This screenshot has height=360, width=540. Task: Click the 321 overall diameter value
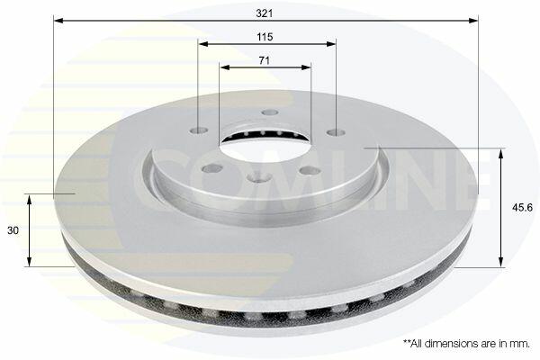(265, 13)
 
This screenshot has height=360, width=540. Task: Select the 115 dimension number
(265, 37)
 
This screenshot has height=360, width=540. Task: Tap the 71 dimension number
(264, 60)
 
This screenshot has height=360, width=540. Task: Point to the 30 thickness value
(13, 230)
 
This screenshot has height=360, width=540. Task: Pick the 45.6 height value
(522, 208)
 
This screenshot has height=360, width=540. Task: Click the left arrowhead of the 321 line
(58, 21)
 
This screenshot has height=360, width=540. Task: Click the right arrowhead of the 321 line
(473, 21)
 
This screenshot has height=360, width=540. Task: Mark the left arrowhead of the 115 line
(203, 44)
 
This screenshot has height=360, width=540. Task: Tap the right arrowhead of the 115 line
(331, 44)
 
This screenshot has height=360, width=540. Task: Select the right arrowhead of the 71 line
(306, 67)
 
